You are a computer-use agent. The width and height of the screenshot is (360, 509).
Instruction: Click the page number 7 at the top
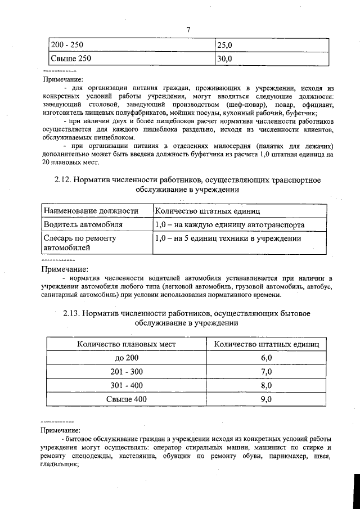[189, 29]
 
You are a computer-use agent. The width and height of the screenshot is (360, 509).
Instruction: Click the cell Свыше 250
[70, 58]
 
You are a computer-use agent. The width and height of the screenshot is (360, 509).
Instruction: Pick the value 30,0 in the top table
[225, 58]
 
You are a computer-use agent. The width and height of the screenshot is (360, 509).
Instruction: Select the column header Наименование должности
[91, 211]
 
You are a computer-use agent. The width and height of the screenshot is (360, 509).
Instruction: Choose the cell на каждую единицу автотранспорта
[230, 224]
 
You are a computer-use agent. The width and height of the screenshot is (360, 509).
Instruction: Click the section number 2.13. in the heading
[73, 313]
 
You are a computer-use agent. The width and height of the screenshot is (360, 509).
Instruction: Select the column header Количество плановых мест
[127, 344]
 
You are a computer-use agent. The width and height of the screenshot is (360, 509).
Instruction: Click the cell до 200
[127, 358]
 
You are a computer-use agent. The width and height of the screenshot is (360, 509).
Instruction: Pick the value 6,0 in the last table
[267, 358]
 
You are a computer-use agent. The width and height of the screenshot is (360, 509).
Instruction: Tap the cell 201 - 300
[127, 372]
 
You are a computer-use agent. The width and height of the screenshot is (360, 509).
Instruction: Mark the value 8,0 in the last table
[267, 385]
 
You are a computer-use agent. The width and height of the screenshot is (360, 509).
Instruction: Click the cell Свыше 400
[127, 399]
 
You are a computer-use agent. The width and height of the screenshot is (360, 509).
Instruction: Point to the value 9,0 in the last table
[267, 399]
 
